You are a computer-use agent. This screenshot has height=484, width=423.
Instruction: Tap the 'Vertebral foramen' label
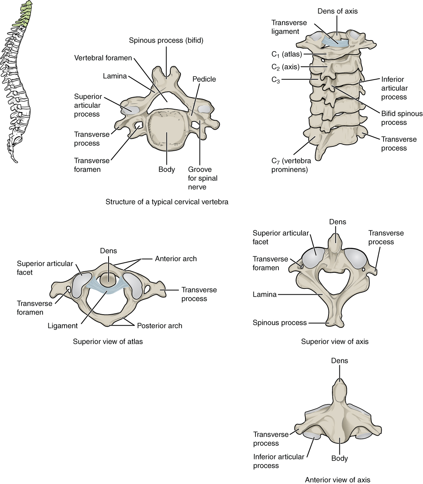click(x=103, y=58)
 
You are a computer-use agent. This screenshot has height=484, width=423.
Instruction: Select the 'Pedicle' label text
click(x=204, y=79)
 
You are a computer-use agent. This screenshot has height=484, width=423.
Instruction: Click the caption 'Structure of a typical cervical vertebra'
click(x=167, y=202)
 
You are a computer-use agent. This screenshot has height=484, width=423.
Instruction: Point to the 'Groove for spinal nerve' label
click(x=203, y=178)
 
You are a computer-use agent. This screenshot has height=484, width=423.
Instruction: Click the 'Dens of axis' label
click(x=337, y=11)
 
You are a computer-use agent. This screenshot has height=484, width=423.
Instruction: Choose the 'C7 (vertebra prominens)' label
click(x=291, y=165)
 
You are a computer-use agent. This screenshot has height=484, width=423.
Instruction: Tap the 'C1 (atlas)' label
click(x=287, y=54)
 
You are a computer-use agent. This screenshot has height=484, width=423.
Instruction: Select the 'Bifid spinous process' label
click(x=402, y=118)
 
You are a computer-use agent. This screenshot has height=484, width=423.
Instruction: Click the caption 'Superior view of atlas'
click(x=108, y=342)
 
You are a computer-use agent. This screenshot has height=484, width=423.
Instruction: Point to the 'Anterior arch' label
click(x=176, y=259)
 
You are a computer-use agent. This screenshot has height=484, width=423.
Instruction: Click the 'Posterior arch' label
click(x=159, y=326)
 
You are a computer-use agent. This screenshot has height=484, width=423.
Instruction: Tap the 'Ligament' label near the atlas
click(x=62, y=326)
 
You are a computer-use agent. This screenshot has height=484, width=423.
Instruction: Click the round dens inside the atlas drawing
click(x=108, y=279)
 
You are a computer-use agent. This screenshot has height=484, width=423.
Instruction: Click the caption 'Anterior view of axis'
click(x=337, y=480)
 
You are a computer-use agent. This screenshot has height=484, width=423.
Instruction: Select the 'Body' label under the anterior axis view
click(x=339, y=459)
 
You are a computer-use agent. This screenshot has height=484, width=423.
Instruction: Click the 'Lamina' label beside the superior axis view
click(x=264, y=295)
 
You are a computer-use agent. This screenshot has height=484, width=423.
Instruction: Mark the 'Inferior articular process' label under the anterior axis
click(x=278, y=461)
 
